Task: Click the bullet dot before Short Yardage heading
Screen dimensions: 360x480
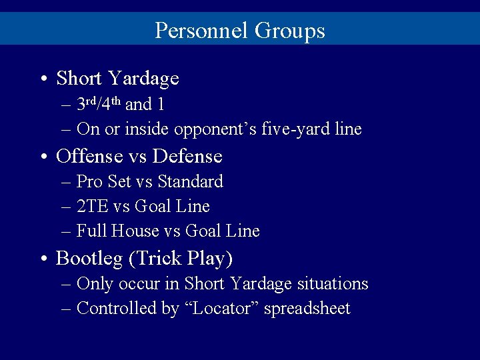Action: [x=42, y=79]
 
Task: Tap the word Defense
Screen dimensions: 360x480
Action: [x=187, y=156]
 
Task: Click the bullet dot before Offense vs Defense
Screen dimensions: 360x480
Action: [x=42, y=157]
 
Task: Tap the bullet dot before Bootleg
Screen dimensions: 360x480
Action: [x=42, y=259]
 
